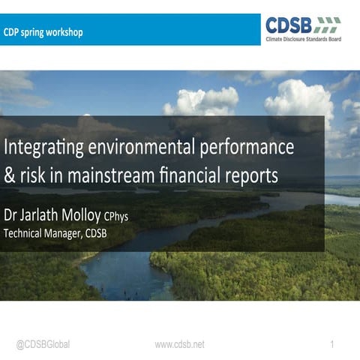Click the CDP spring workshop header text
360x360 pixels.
tap(43, 32)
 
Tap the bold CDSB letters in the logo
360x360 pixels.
tap(288, 25)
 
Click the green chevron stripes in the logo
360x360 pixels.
tap(327, 23)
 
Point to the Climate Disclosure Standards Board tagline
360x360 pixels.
tap(303, 38)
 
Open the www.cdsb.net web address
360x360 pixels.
tap(179, 344)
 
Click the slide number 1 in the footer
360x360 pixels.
tap(331, 344)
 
